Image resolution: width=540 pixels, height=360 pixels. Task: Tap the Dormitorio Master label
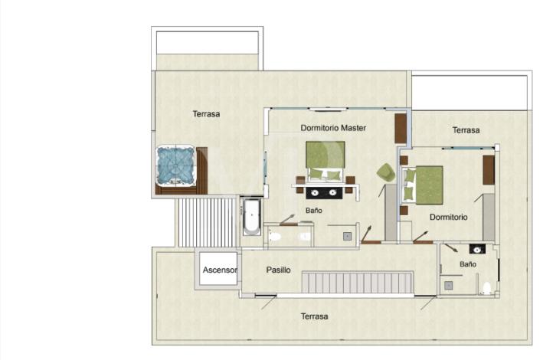(332, 128)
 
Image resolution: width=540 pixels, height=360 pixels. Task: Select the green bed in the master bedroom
(326, 160)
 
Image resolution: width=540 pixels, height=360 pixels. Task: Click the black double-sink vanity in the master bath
(326, 191)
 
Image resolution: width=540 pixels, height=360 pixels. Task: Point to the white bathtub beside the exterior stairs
(251, 218)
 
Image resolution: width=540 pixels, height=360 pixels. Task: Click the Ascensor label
(219, 270)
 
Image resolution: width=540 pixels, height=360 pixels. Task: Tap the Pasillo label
(278, 270)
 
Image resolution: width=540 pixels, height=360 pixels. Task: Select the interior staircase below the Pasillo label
(357, 283)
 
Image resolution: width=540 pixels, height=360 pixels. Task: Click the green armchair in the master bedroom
(386, 173)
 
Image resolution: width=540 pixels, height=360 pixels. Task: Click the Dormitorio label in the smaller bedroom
(448, 217)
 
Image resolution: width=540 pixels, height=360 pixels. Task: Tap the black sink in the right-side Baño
(476, 250)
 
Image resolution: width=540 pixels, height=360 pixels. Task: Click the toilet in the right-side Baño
(486, 288)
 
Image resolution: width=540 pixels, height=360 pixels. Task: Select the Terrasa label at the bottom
(314, 316)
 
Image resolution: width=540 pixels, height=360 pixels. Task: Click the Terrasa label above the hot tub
(206, 114)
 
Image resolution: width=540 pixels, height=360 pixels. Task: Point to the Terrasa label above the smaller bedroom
(466, 130)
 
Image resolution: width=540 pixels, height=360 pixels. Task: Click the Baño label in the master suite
(313, 210)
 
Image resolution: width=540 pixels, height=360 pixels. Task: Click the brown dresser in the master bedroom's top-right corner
(400, 129)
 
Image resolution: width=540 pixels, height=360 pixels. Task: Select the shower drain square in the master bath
(347, 236)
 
